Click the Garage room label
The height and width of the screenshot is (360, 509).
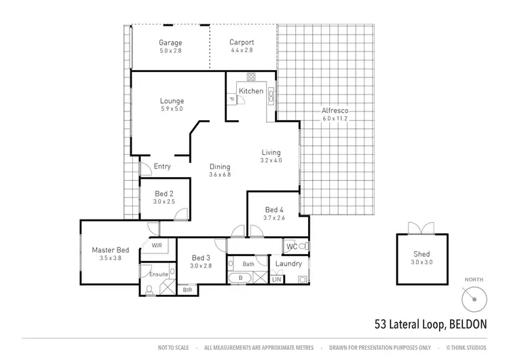170,42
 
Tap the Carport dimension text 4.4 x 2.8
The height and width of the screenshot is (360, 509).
241,50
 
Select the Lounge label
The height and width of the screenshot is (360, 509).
172,101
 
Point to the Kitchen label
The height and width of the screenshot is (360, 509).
250,91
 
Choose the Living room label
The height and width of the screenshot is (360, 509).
271,152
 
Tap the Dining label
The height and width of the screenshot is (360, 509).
220,166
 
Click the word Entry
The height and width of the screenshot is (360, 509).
162,166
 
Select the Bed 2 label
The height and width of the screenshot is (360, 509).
164,194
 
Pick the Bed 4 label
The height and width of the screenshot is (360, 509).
274,209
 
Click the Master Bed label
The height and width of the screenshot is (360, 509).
109,250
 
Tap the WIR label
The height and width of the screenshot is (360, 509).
156,245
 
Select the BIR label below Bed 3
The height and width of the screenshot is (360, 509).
188,289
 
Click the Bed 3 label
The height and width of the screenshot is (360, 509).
202,257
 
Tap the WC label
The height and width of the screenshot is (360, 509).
292,246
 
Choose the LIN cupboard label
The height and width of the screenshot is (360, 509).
277,279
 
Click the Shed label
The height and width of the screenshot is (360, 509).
421,254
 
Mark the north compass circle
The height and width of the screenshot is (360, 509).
474,298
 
